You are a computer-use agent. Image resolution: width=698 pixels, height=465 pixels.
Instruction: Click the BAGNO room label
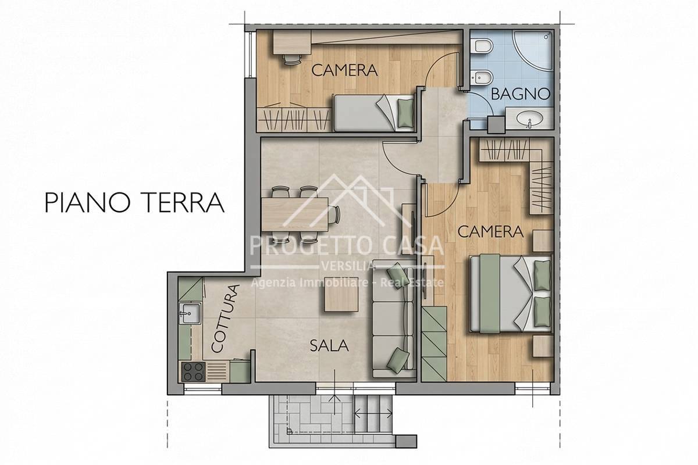521,94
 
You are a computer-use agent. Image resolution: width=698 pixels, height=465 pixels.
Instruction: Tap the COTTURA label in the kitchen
225,319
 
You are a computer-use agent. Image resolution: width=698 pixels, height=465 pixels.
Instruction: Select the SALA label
329,346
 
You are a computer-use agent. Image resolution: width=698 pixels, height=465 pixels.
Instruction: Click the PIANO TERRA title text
134,202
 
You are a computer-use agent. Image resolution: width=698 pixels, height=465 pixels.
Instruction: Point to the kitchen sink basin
190,313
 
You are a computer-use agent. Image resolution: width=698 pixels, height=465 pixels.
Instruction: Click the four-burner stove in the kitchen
193,372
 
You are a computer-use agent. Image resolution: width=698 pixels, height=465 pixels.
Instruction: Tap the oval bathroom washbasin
530,119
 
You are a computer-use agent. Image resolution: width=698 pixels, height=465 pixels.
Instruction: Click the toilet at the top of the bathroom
481,46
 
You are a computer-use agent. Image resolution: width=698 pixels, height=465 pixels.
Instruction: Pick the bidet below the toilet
481,78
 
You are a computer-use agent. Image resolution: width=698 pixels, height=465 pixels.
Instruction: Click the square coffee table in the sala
341,294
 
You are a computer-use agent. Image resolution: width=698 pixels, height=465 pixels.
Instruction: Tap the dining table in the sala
295,214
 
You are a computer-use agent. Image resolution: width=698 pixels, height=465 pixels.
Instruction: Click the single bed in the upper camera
373,113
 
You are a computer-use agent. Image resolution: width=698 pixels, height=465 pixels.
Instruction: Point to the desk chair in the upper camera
293,59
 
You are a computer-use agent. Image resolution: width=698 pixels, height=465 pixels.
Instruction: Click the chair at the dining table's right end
334,214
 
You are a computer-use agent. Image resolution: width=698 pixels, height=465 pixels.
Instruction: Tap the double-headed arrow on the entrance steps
373,414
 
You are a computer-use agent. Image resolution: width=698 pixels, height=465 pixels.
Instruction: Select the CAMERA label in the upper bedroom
344,70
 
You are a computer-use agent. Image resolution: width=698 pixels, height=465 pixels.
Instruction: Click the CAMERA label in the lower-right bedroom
490,232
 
